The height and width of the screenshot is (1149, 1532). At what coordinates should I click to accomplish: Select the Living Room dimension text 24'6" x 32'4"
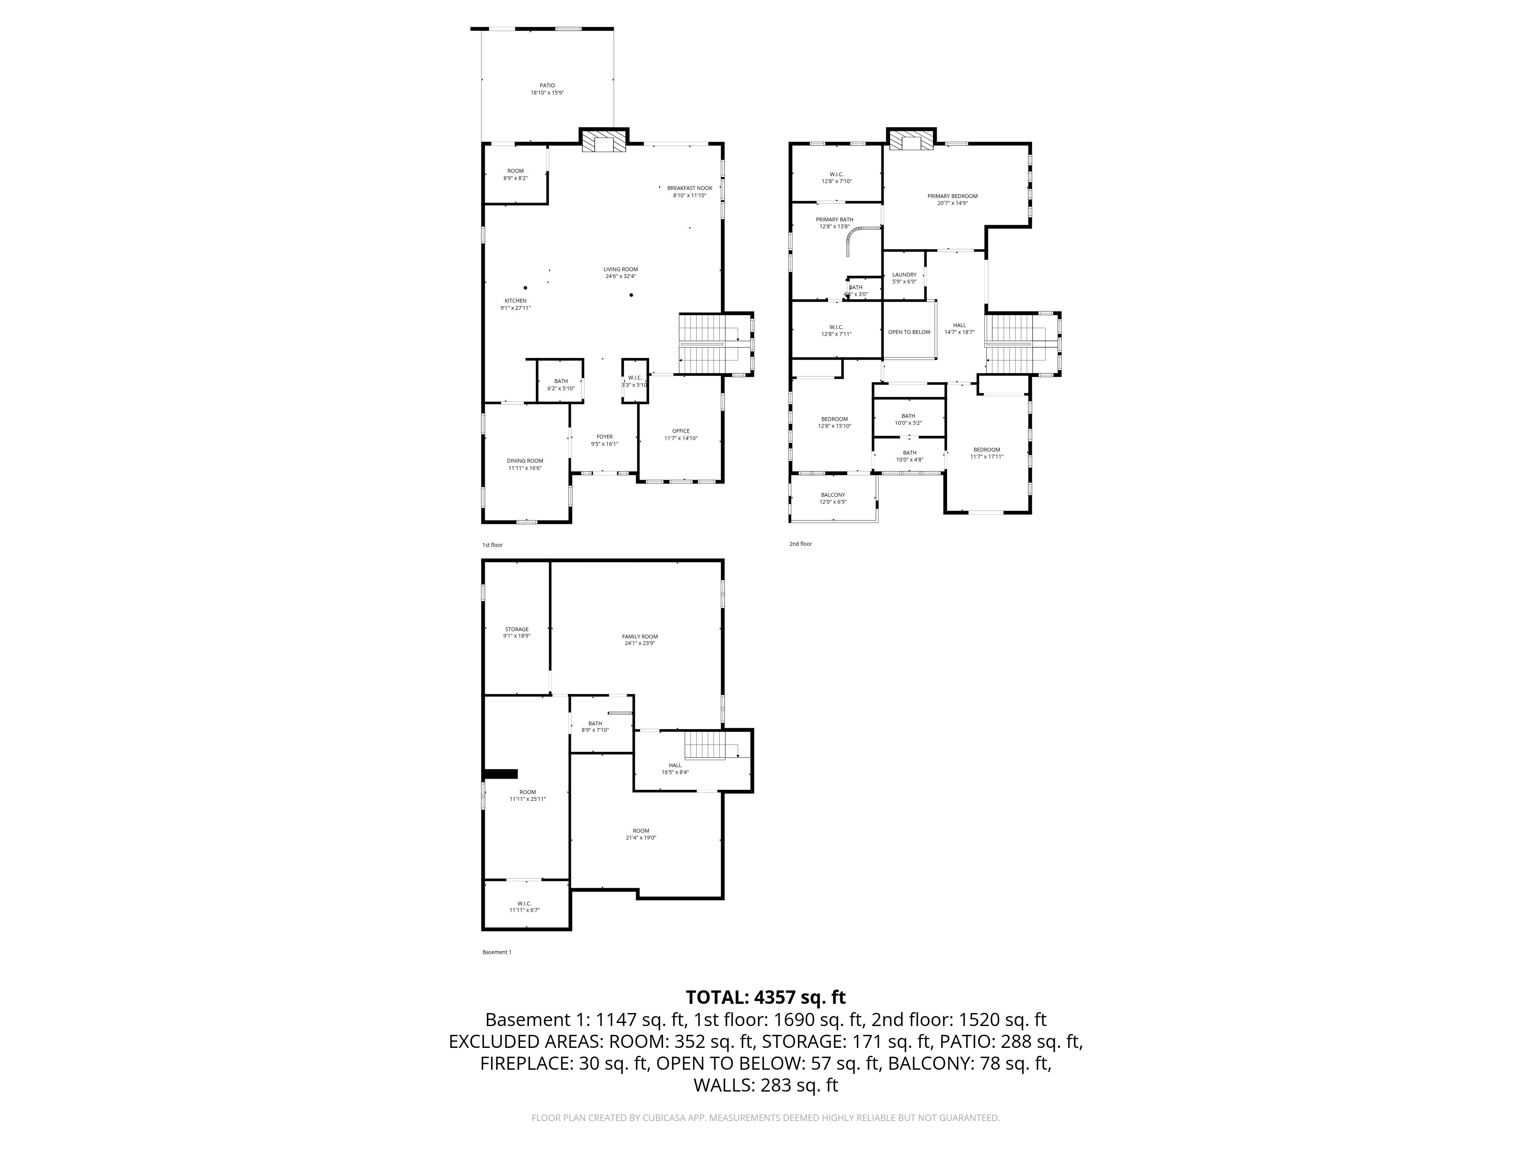pos(620,277)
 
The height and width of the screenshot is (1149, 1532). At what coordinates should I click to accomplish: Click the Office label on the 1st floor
pos(681,431)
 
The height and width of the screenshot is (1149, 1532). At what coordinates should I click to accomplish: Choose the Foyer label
pos(605,437)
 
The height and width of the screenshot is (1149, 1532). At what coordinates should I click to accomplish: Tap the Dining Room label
pos(525,461)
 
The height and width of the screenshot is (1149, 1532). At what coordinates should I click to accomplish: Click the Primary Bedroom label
pos(952,196)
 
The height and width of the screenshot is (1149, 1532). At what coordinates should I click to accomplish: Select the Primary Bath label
pos(835,219)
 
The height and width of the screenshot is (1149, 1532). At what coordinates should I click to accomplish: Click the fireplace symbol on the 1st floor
pos(604,143)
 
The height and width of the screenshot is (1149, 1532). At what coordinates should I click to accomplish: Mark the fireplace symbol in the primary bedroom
pos(912,141)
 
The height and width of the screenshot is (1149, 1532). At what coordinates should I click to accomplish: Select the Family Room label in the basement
pos(640,637)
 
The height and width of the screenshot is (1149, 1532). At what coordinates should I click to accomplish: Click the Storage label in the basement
pos(517,630)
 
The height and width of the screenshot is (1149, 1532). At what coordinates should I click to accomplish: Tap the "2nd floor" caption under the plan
pos(800,544)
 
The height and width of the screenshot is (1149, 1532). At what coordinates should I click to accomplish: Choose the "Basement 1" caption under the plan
pos(497,952)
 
